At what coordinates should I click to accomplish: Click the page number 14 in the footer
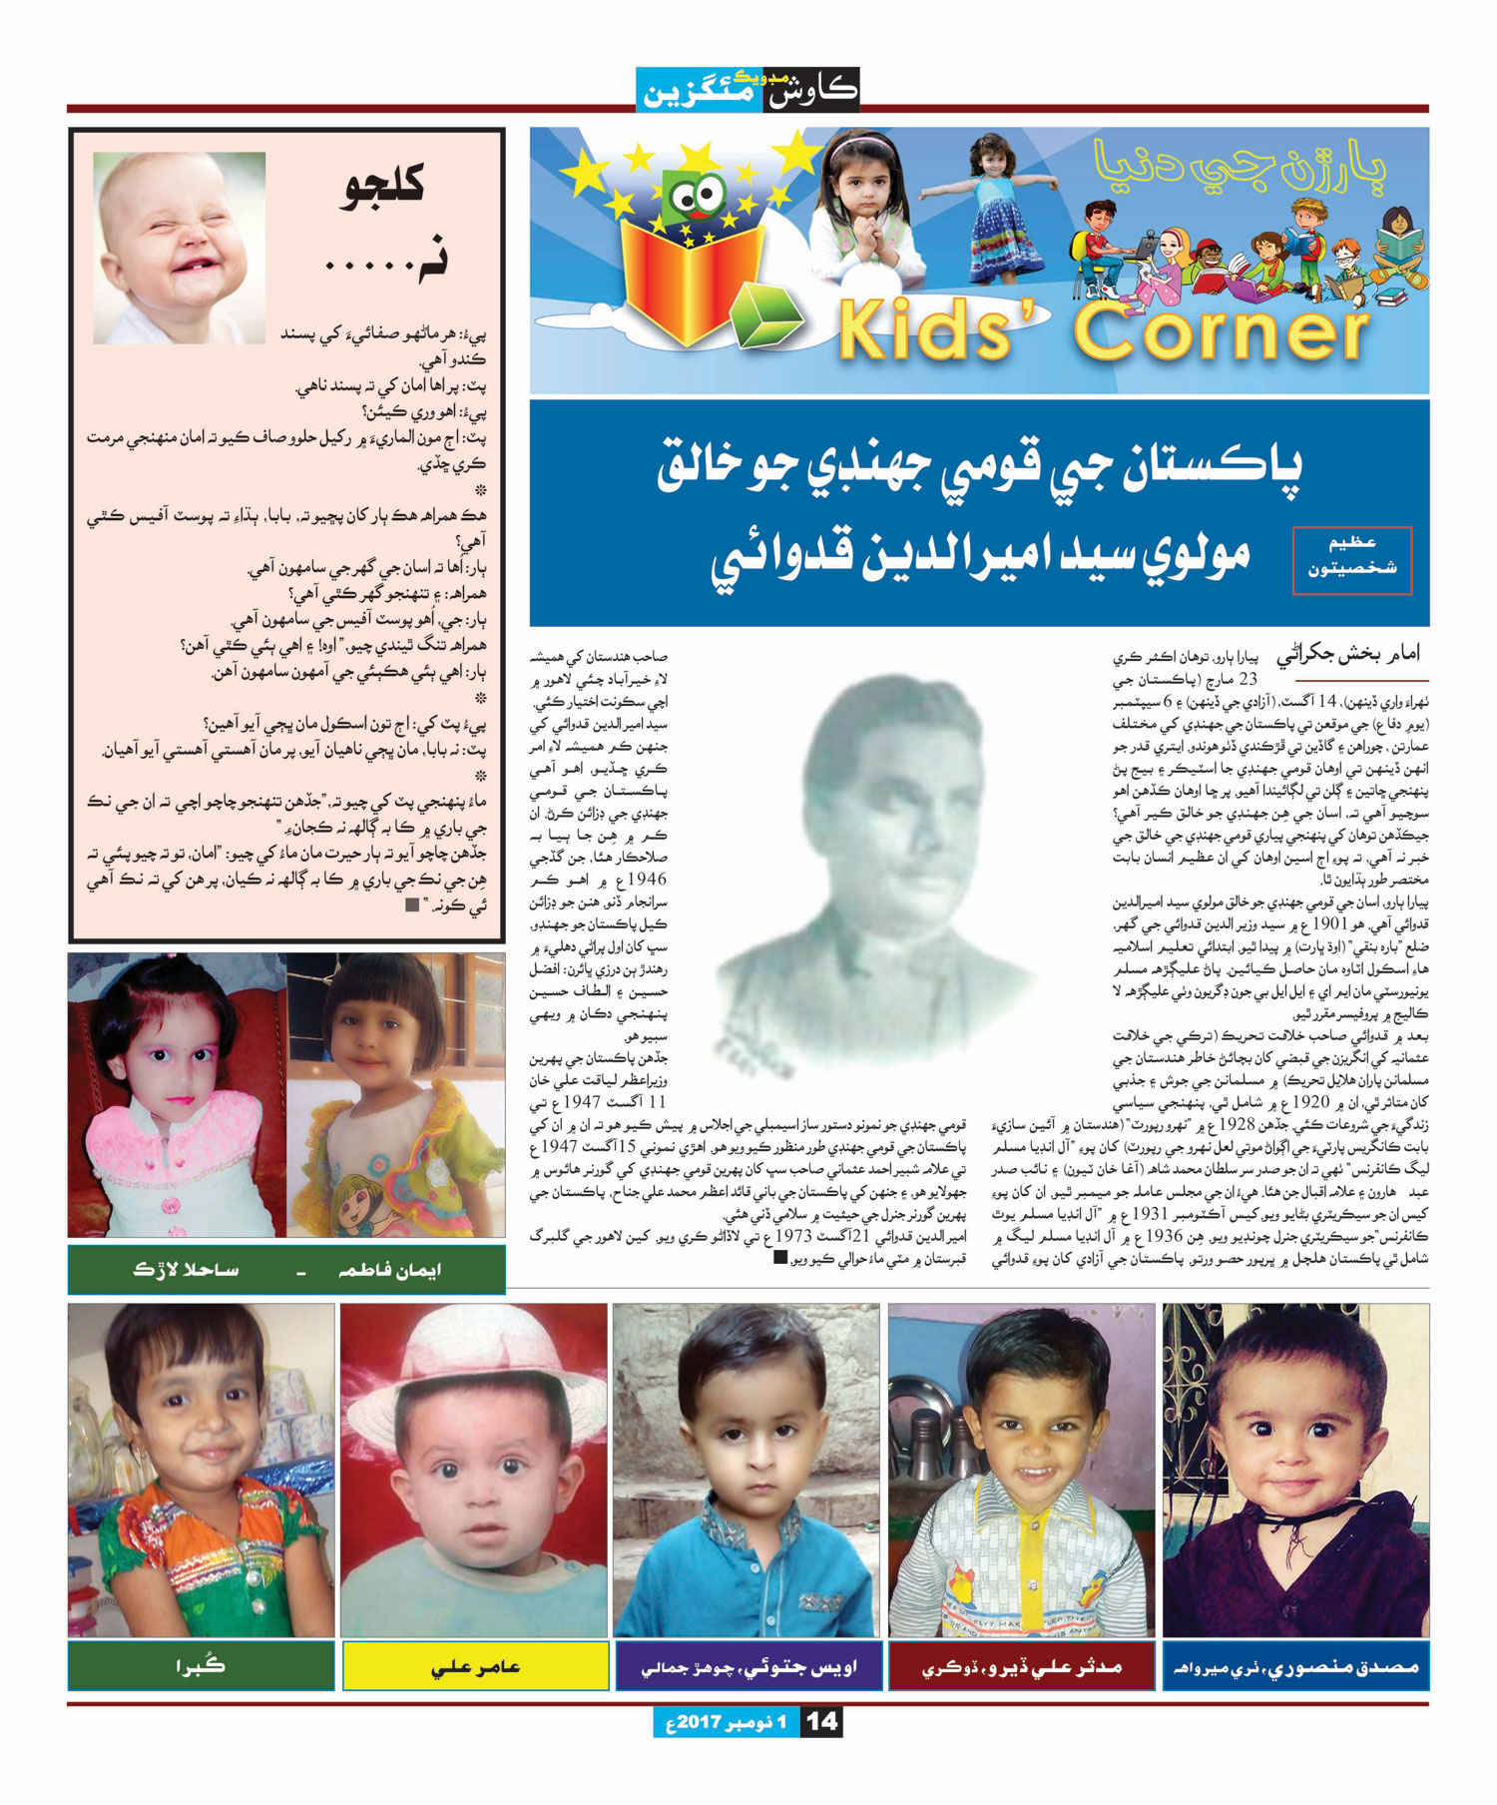pos(822,1721)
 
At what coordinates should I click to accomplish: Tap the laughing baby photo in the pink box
pos(180,248)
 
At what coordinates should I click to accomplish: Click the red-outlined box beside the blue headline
pos(1351,559)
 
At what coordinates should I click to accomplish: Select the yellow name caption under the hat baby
pos(475,1666)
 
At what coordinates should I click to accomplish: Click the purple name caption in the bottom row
pos(748,1666)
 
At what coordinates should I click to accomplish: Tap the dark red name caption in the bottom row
pos(1022,1666)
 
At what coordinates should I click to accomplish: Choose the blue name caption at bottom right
pos(1295,1666)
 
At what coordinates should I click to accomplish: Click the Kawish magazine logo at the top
pos(748,89)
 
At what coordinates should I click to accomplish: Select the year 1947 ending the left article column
pos(585,1102)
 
